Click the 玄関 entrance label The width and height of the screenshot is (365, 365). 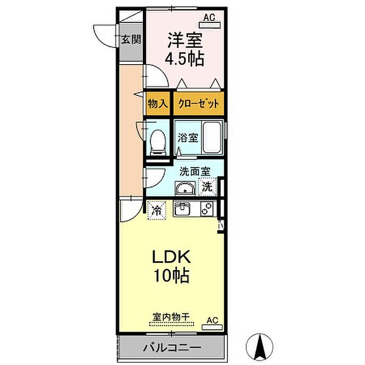click(x=131, y=39)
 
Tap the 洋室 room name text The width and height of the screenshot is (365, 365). click(x=185, y=40)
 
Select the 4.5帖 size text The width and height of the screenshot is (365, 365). click(x=185, y=58)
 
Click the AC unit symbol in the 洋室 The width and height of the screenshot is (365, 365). click(x=210, y=25)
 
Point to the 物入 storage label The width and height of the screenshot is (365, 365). click(x=157, y=103)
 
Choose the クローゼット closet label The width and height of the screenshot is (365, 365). click(x=198, y=103)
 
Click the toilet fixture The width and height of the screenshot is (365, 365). click(x=158, y=142)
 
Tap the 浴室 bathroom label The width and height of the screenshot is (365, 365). click(x=188, y=138)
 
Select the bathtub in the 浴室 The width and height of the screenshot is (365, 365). click(x=212, y=137)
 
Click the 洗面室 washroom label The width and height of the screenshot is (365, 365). click(x=195, y=172)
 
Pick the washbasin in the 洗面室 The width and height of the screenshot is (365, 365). click(x=185, y=188)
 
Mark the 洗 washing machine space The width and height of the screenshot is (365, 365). click(x=207, y=186)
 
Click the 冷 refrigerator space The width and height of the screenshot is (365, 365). click(x=156, y=211)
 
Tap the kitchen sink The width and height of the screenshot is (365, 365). click(x=182, y=209)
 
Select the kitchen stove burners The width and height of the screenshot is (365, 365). click(x=207, y=209)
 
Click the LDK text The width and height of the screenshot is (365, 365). click(x=172, y=257)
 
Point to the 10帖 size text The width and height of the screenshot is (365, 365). click(x=171, y=275)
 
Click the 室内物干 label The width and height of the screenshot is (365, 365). click(x=171, y=317)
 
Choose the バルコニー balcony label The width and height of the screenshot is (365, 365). click(x=172, y=348)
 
